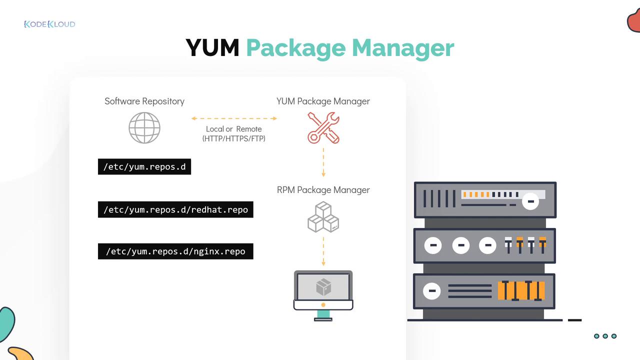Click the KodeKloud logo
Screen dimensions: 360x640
[49, 24]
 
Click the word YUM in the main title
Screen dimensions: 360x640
[212, 48]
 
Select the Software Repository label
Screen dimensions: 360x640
[144, 101]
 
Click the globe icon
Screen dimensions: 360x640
[144, 128]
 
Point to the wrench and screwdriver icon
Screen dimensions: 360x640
[323, 127]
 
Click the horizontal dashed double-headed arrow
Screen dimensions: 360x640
[234, 118]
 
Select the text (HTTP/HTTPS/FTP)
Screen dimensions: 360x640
[234, 138]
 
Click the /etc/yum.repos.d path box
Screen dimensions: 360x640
[144, 166]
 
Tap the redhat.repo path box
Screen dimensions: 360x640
[175, 209]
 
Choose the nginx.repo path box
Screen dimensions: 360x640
[175, 251]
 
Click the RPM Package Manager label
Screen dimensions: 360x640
[323, 190]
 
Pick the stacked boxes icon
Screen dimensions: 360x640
[323, 217]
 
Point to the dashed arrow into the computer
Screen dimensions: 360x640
[323, 251]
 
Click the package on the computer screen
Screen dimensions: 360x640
[323, 287]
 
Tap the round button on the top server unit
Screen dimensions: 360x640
[530, 202]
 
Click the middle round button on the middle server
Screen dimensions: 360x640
[460, 245]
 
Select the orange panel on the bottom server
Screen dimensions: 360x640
[521, 290]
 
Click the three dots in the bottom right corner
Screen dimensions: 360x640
[605, 336]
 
